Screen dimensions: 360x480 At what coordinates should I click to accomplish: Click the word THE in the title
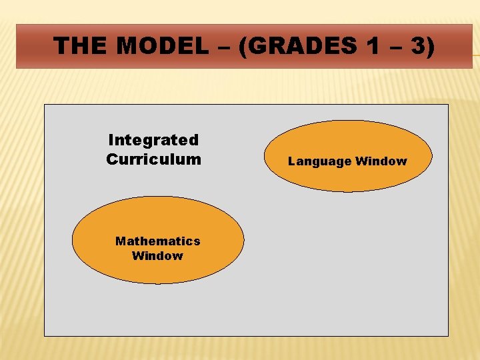tap(76, 46)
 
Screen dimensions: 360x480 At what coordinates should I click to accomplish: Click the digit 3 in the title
tap(415, 46)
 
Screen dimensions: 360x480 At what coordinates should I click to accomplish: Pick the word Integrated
tap(153, 140)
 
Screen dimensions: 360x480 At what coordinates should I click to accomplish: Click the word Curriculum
tap(153, 159)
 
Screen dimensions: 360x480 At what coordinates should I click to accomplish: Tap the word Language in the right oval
tap(319, 161)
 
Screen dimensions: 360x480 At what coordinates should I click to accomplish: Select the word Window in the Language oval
tap(381, 161)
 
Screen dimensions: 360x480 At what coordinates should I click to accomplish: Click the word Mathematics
tap(157, 241)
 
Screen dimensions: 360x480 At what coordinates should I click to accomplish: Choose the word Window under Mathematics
tap(157, 256)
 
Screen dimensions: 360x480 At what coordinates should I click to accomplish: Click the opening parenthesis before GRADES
tap(244, 47)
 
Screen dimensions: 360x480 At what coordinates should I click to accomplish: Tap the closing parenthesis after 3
tap(430, 47)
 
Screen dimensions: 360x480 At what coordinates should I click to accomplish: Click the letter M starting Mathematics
tap(120, 241)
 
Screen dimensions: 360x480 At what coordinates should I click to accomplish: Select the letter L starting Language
tap(291, 161)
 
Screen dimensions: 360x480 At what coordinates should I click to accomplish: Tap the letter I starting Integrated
tap(111, 140)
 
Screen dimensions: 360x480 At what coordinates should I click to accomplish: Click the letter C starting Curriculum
tap(111, 159)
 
